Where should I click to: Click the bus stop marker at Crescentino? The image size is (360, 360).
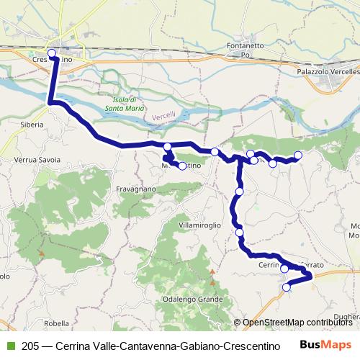(x=51, y=53)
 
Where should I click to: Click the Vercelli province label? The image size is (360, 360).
(x=164, y=117)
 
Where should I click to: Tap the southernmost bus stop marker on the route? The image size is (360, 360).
(x=287, y=287)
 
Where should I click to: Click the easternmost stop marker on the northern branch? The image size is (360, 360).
(x=298, y=155)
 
